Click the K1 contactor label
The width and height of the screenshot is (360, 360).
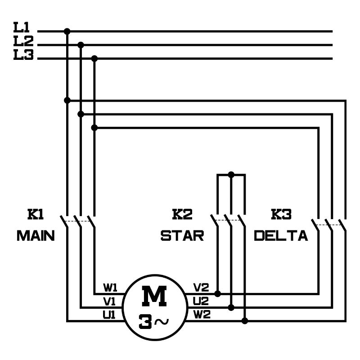tap(36, 215)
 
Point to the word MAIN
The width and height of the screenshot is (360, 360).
tap(36, 235)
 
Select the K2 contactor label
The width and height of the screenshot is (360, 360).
tap(182, 215)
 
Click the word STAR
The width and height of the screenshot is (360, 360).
tap(182, 235)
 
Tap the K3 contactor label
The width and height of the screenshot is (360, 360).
tap(281, 215)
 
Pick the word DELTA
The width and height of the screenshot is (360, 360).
tap(281, 235)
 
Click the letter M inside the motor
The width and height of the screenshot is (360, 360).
tap(154, 297)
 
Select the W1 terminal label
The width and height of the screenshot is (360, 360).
tap(111, 287)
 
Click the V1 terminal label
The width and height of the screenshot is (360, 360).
tap(110, 301)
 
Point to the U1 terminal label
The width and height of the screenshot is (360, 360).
tap(109, 315)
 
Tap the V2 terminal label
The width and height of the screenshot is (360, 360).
tap(201, 287)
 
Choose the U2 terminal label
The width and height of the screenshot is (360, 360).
tap(201, 301)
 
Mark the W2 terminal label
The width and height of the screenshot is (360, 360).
tap(202, 315)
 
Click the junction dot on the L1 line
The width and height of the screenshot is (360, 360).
tap(67, 31)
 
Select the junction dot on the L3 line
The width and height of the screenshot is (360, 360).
tap(94, 58)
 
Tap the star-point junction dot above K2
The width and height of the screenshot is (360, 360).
tap(231, 174)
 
